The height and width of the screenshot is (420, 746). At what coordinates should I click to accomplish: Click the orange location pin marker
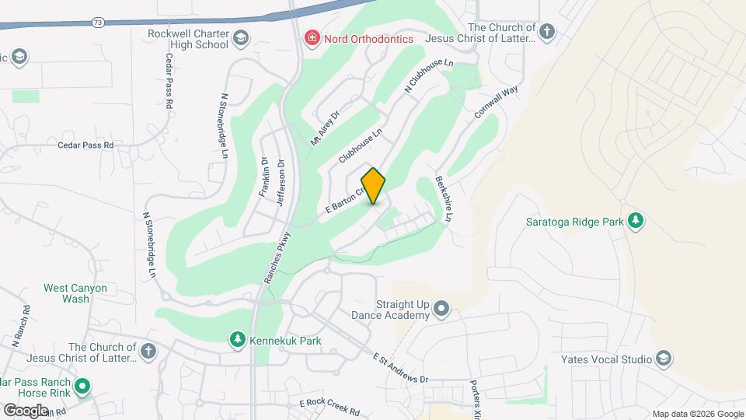pos(374,186)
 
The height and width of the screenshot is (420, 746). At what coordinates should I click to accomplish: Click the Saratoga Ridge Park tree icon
pos(636,221)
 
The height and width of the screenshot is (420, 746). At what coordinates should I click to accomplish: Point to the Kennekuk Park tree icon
pos(237,340)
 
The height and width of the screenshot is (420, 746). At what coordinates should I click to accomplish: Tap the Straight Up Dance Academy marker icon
pos(441,309)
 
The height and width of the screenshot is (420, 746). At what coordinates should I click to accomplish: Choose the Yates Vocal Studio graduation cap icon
pos(663,359)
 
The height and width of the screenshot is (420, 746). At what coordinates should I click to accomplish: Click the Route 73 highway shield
pos(96,23)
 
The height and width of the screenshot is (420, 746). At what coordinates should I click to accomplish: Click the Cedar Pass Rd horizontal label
pos(85,145)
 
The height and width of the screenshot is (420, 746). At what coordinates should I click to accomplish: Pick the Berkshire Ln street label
pos(444,198)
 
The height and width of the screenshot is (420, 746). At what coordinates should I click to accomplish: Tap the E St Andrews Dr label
pos(400,368)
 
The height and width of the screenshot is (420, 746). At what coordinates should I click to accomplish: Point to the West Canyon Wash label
pos(75,293)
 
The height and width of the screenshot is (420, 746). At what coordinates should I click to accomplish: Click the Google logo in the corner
pos(26,410)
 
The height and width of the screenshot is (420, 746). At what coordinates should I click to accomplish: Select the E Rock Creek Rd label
pos(329,406)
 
